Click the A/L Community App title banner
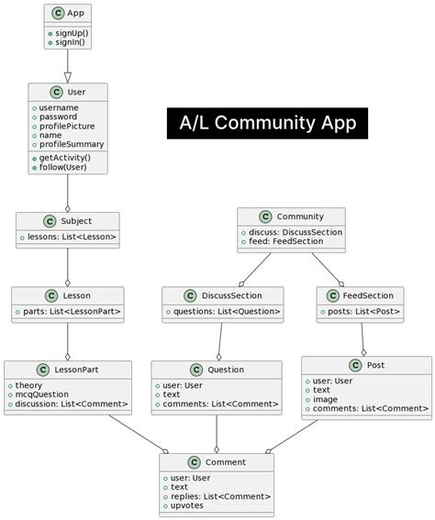[267, 123]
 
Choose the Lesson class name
[77, 295]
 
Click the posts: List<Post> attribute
[360, 312]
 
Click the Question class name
[225, 369]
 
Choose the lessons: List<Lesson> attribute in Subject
[67, 238]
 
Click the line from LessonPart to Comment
[138, 432]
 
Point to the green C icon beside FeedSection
[334, 295]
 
